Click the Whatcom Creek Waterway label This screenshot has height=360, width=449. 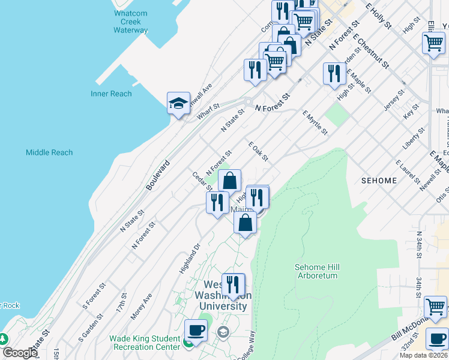pyautogui.click(x=130, y=21)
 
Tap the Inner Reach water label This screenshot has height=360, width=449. pyautogui.click(x=111, y=94)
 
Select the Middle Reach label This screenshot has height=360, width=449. pyautogui.click(x=49, y=152)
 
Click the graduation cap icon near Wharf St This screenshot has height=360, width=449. pyautogui.click(x=178, y=103)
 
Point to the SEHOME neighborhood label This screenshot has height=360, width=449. pyautogui.click(x=379, y=181)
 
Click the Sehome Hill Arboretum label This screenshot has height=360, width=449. pyautogui.click(x=316, y=271)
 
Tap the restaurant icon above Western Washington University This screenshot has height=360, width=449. pyautogui.click(x=233, y=284)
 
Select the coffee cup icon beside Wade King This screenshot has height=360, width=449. pyautogui.click(x=196, y=330)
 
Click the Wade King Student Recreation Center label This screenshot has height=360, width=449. pyautogui.click(x=145, y=343)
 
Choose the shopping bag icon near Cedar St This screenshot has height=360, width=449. pyautogui.click(x=229, y=179)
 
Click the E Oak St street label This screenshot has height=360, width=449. pyautogui.click(x=258, y=152)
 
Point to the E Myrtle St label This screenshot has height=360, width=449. pyautogui.click(x=315, y=122)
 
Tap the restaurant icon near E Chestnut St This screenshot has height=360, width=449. pyautogui.click(x=334, y=73)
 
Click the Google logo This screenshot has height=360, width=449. pyautogui.click(x=20, y=353)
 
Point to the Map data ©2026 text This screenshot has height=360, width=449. pyautogui.click(x=423, y=355)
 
